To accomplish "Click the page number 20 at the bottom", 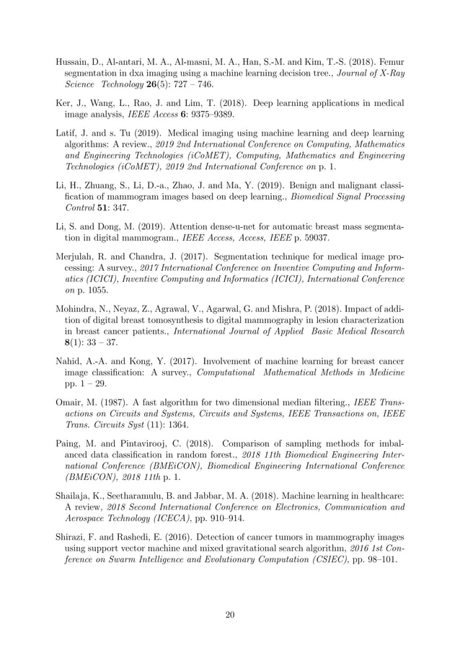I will [230, 614].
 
